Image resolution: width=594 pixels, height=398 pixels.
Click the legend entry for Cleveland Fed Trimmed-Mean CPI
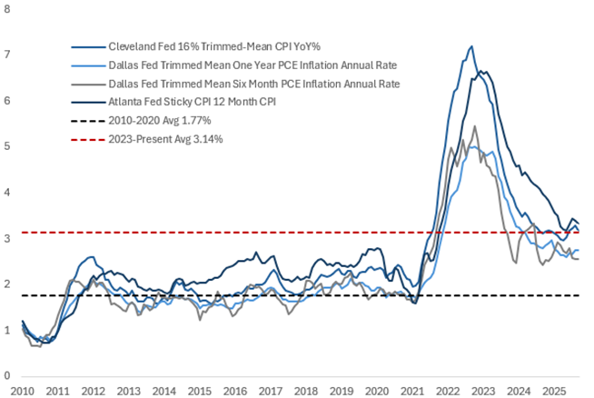pyautogui.click(x=199, y=45)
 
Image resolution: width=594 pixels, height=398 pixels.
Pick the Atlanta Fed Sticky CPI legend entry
pyautogui.click(x=188, y=103)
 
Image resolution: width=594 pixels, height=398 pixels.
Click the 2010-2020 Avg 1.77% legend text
pyautogui.click(x=160, y=122)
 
